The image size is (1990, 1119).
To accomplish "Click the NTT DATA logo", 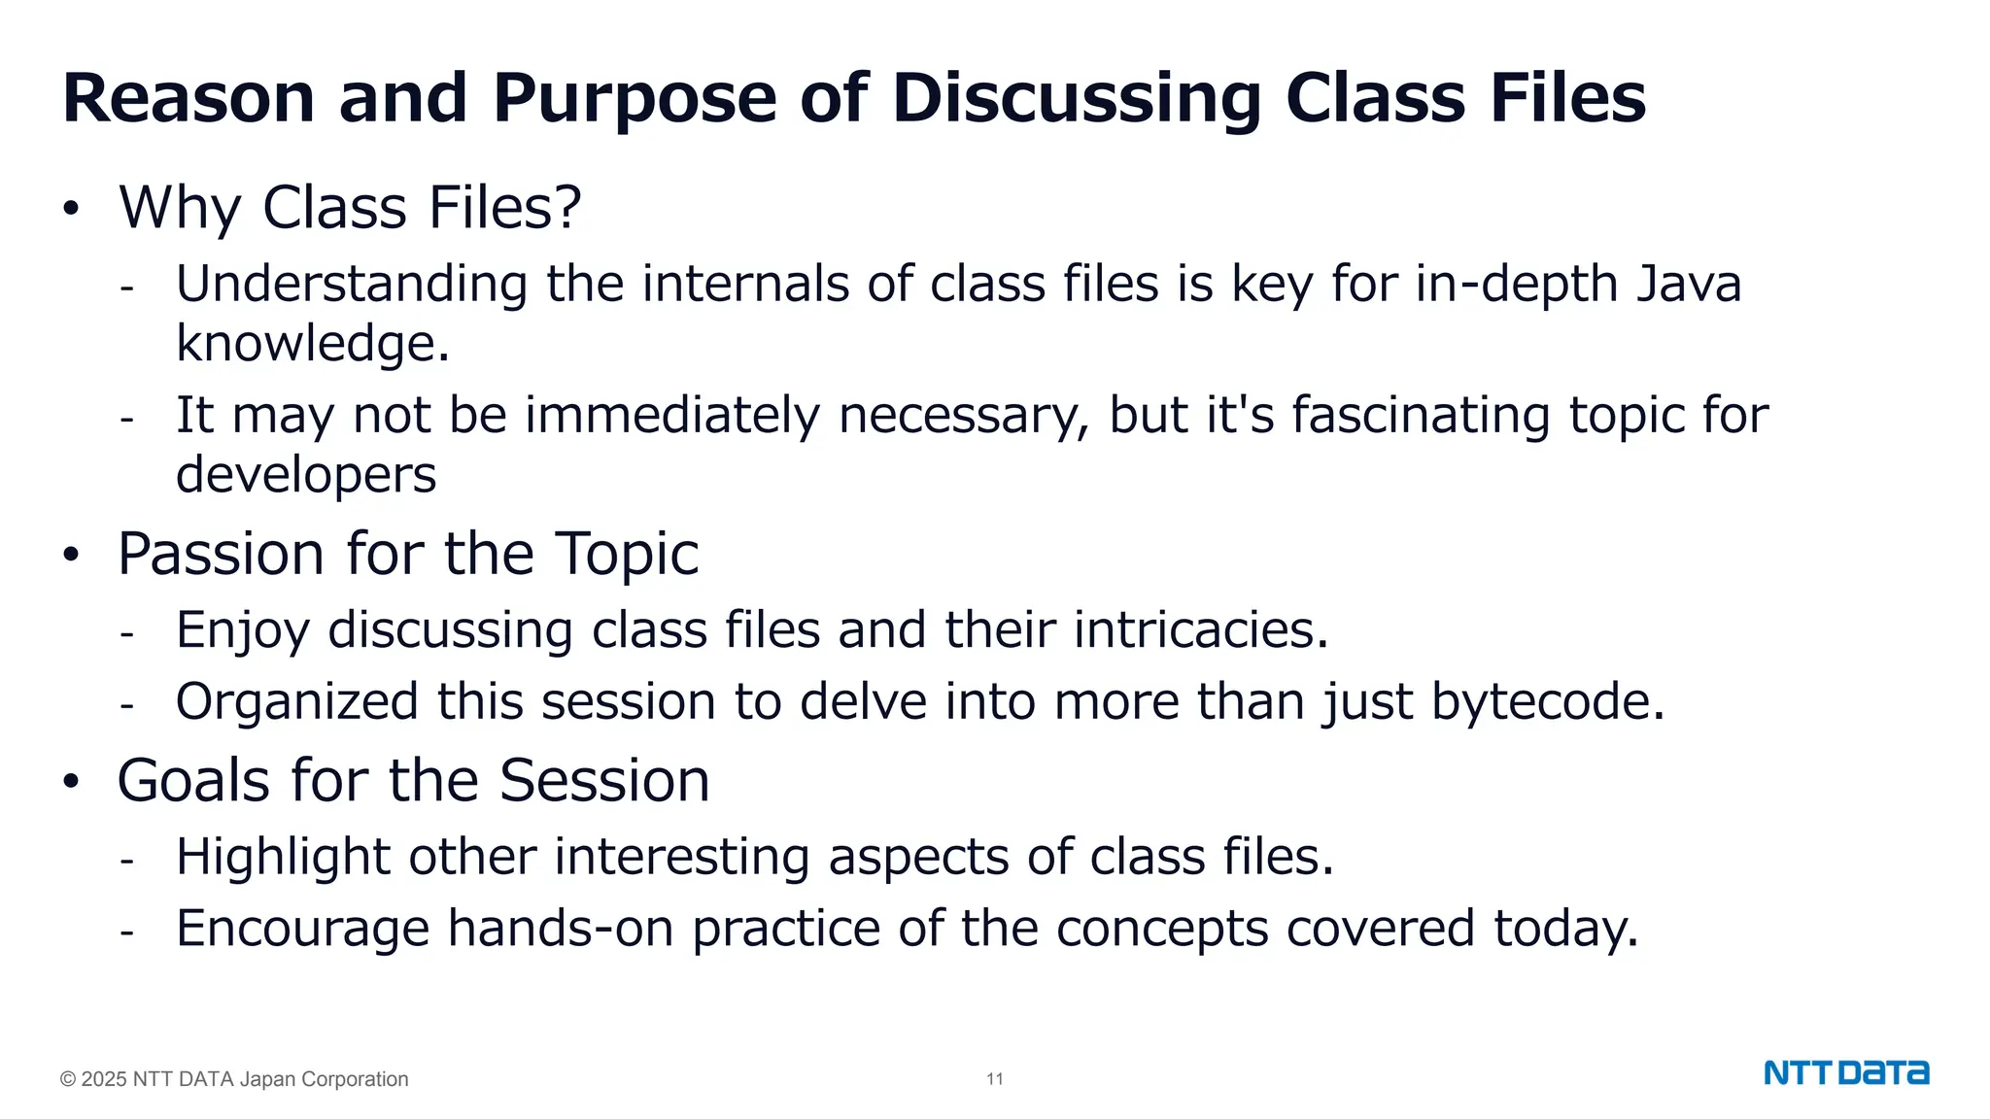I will click(x=1846, y=1073).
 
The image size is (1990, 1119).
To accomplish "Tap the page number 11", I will click(x=995, y=1079).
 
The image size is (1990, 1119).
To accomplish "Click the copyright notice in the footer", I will click(x=234, y=1079).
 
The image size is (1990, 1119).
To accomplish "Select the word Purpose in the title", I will click(x=635, y=99).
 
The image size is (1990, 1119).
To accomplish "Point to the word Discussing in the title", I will click(x=1076, y=99).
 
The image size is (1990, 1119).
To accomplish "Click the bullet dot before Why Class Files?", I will click(x=70, y=209).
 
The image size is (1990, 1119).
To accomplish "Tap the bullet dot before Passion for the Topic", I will click(x=70, y=556).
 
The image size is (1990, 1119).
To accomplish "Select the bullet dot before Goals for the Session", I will click(x=70, y=782).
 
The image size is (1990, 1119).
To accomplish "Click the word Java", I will click(x=1689, y=285).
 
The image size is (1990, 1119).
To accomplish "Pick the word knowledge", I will click(x=312, y=344).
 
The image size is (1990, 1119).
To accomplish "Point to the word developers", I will click(x=306, y=475).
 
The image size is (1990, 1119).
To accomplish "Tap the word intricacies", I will click(x=1200, y=630).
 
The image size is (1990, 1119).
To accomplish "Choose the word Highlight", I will click(x=283, y=857).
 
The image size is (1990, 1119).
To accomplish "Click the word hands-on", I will click(x=561, y=929).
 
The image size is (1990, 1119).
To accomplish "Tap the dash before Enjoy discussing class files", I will click(x=126, y=633).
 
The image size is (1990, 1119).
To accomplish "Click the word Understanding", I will click(x=352, y=285).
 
